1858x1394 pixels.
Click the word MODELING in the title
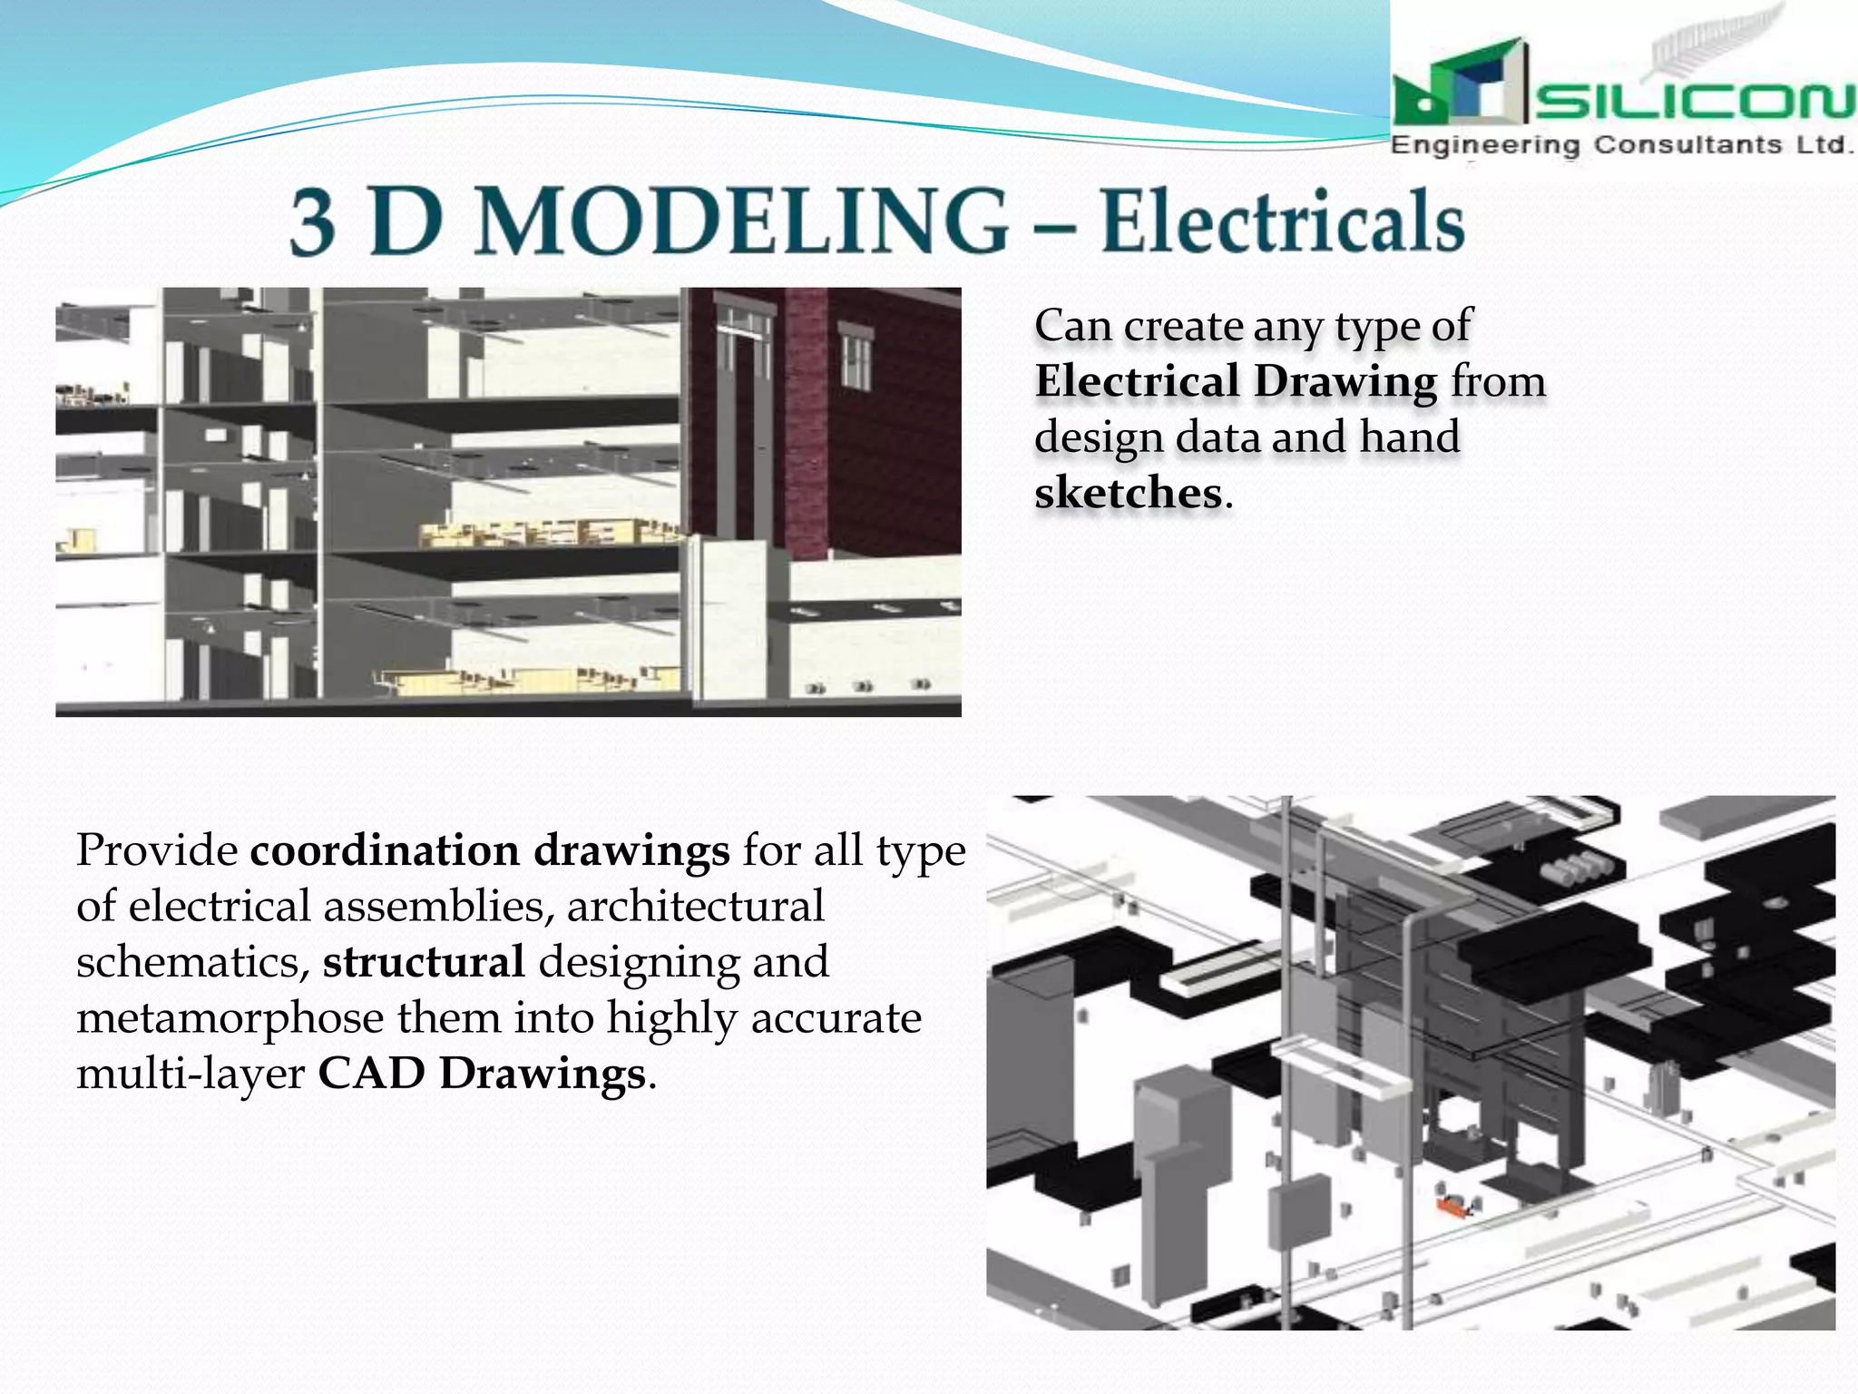coord(741,221)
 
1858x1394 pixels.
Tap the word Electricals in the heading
coord(1283,222)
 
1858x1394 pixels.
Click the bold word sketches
coord(1128,493)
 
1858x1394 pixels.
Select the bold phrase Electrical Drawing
coord(1236,381)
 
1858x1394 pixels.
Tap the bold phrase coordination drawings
coord(489,850)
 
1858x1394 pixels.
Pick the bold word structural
coord(424,962)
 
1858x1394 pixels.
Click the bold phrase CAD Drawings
coord(481,1074)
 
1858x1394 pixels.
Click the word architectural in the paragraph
coord(696,907)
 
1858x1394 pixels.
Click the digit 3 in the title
coord(313,222)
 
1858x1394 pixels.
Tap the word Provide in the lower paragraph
coord(157,850)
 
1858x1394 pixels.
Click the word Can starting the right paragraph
coord(1072,326)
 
